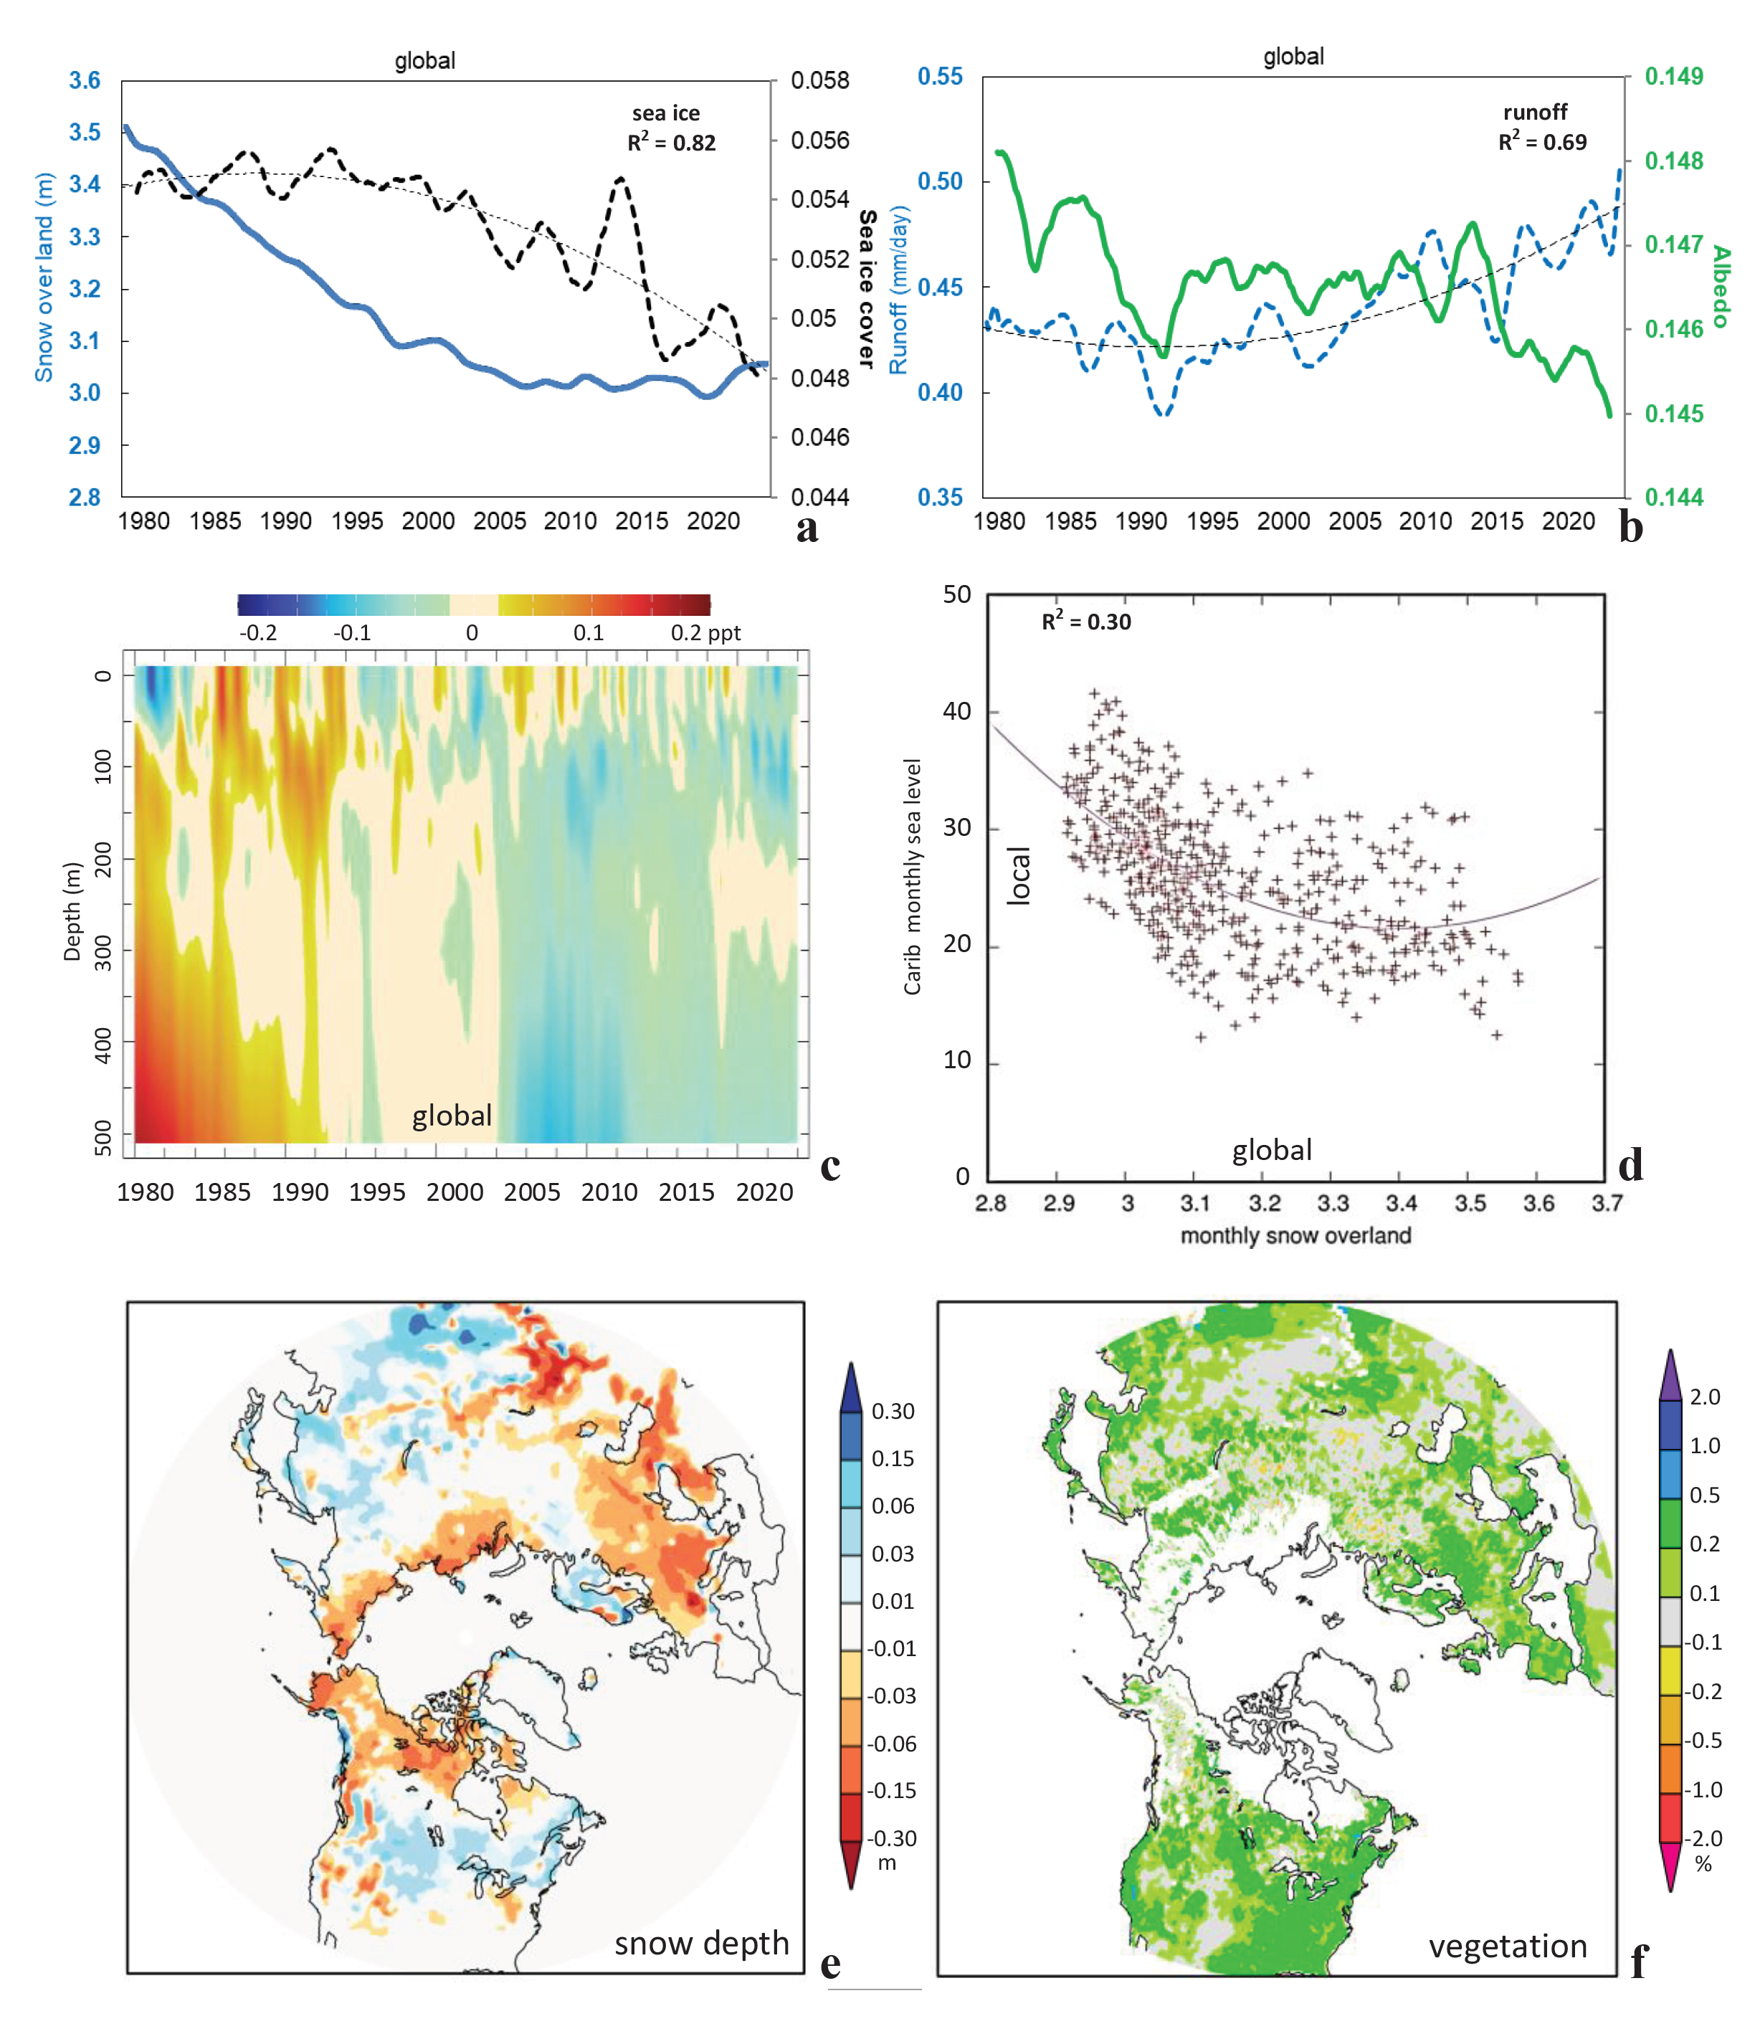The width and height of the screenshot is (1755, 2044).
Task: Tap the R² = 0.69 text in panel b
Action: pyautogui.click(x=1542, y=142)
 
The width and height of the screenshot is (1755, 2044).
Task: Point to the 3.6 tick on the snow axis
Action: pyautogui.click(x=85, y=81)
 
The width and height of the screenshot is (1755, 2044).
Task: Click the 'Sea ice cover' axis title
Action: pyautogui.click(x=866, y=288)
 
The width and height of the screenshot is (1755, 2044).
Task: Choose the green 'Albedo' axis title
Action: pyautogui.click(x=1721, y=286)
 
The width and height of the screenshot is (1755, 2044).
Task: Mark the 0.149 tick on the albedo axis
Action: pyautogui.click(x=1673, y=77)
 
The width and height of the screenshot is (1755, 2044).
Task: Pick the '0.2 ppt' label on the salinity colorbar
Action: pyautogui.click(x=705, y=632)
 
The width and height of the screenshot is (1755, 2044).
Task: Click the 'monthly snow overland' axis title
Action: pyautogui.click(x=1295, y=1235)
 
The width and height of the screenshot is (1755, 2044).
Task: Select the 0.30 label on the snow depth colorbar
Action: pyautogui.click(x=892, y=1411)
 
